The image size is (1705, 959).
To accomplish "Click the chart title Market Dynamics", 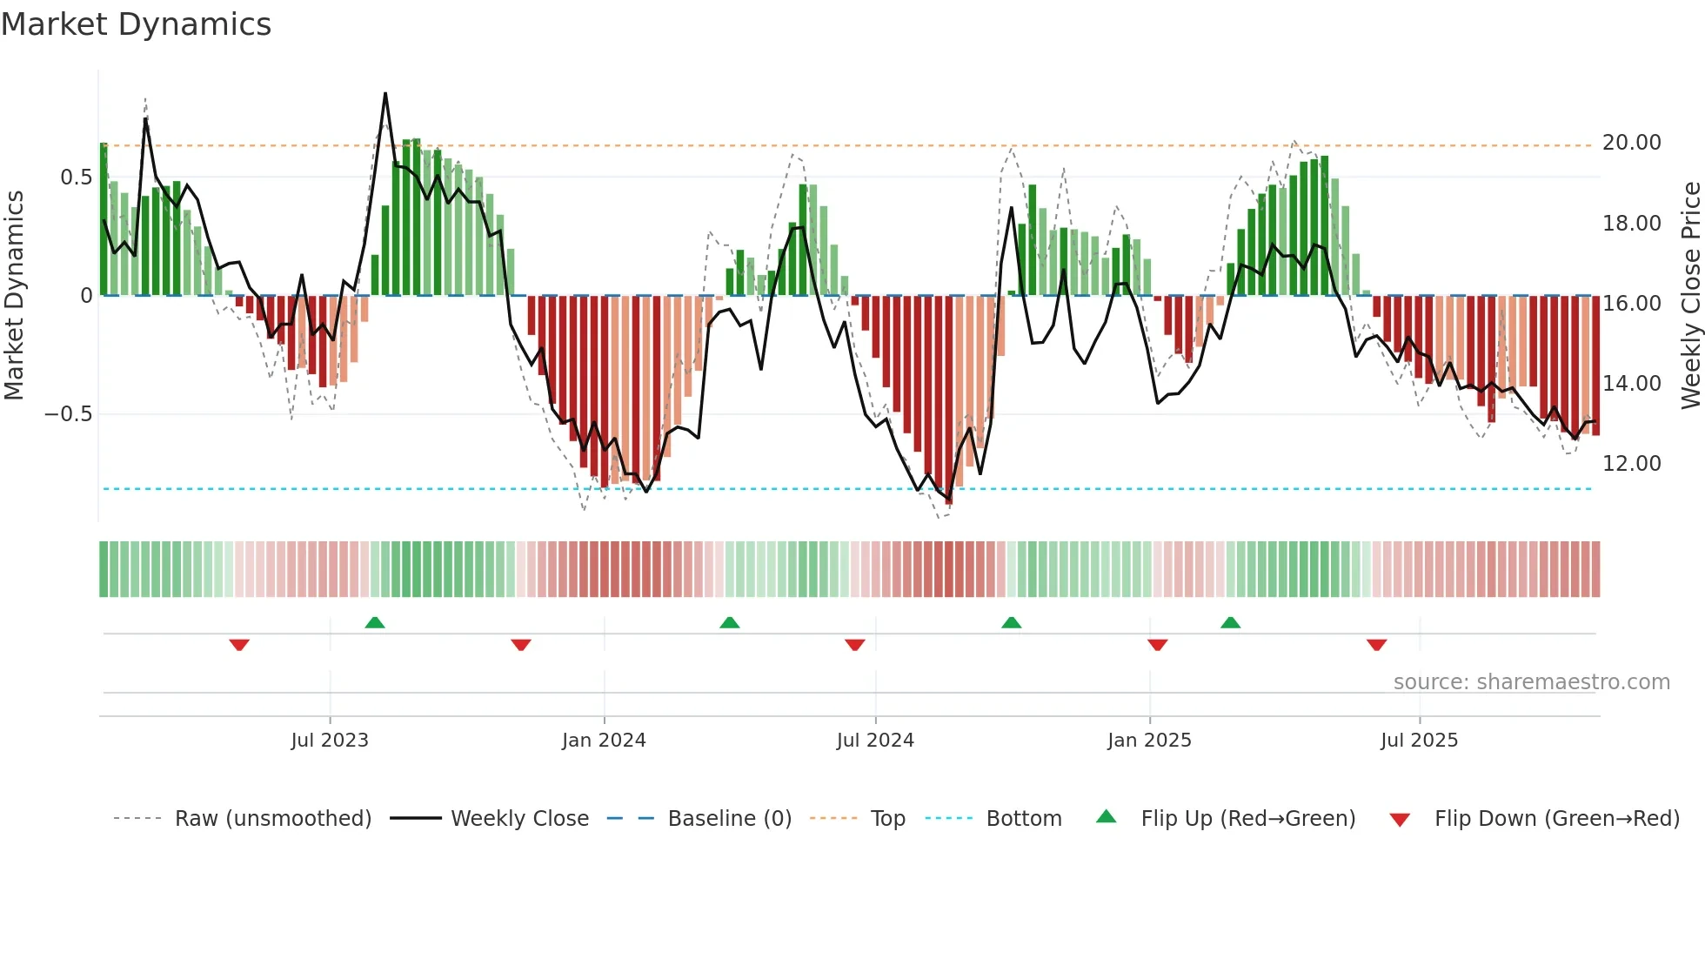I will [136, 24].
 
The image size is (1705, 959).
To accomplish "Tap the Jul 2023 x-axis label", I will [330, 741].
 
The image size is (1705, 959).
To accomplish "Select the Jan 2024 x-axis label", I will [604, 741].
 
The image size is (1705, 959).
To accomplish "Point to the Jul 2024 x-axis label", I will [875, 741].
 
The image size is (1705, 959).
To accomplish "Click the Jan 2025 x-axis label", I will [1149, 741].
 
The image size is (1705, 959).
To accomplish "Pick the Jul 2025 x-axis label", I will [1419, 741].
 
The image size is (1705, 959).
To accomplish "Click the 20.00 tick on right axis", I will [1631, 143].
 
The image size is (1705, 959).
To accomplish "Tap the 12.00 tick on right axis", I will [1631, 464].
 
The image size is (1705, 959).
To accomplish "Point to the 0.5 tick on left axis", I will [76, 178].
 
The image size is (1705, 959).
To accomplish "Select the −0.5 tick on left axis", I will [68, 414].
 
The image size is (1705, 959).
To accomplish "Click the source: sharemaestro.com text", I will [1531, 682].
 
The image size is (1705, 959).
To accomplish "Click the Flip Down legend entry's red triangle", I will [1400, 820].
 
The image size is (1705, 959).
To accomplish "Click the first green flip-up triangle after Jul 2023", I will [375, 622].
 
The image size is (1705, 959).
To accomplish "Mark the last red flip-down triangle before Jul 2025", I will [1376, 645].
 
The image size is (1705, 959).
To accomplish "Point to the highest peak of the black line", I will [385, 94].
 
